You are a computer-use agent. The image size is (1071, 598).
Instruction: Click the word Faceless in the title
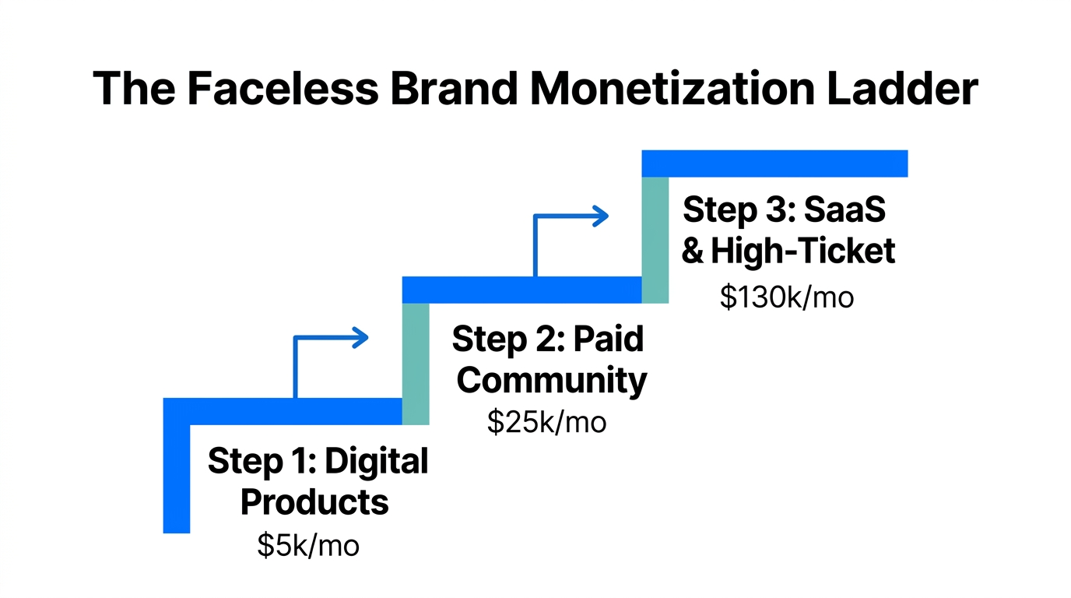283,88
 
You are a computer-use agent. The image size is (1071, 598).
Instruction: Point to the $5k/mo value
308,545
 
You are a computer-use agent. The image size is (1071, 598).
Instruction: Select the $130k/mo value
786,297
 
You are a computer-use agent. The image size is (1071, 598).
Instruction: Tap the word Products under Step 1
314,502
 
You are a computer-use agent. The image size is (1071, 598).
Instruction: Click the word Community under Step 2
551,381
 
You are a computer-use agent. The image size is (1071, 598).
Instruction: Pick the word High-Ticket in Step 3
802,251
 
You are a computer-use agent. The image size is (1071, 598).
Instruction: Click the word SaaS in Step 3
845,210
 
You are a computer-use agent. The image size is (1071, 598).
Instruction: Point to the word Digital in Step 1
376,462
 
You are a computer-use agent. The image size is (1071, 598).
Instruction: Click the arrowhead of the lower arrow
361,337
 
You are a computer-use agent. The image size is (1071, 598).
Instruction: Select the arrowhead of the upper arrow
600,216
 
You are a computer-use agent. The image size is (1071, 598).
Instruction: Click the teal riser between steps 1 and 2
416,364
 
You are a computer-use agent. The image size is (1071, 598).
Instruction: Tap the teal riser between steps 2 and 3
655,240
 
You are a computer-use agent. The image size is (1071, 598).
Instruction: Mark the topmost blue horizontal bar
774,164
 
